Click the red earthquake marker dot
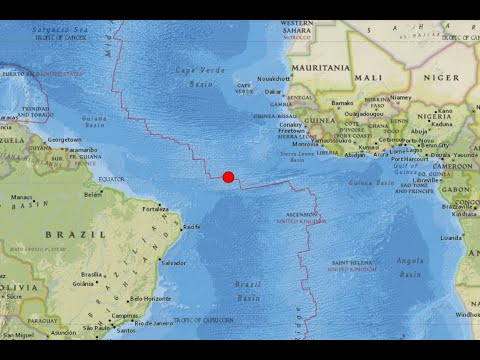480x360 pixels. pos(228,177)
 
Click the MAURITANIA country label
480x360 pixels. pos(320,68)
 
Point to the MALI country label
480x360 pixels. pos(367,77)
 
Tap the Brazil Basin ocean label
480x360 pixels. pos(247,291)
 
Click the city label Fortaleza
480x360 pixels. pos(155,209)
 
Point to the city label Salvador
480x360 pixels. pos(173,263)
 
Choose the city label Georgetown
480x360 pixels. pos(65,139)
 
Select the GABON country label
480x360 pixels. pos(454,189)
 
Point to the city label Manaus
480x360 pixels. pos(23,197)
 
